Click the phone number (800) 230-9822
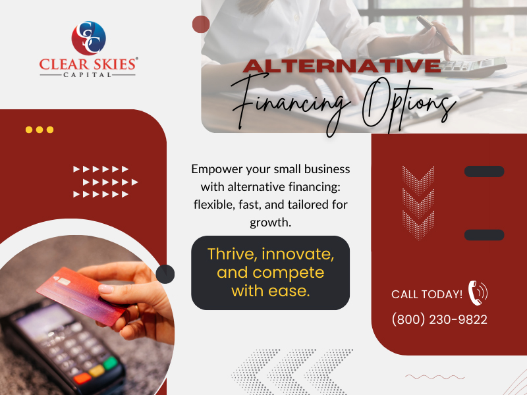pos(439,320)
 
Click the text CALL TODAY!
pos(427,294)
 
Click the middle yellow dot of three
pos(40,130)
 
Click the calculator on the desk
pos(474,66)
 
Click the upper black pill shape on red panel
pos(484,172)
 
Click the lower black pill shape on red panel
pos(484,235)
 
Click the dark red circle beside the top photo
pos(200,24)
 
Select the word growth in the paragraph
pos(270,223)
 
